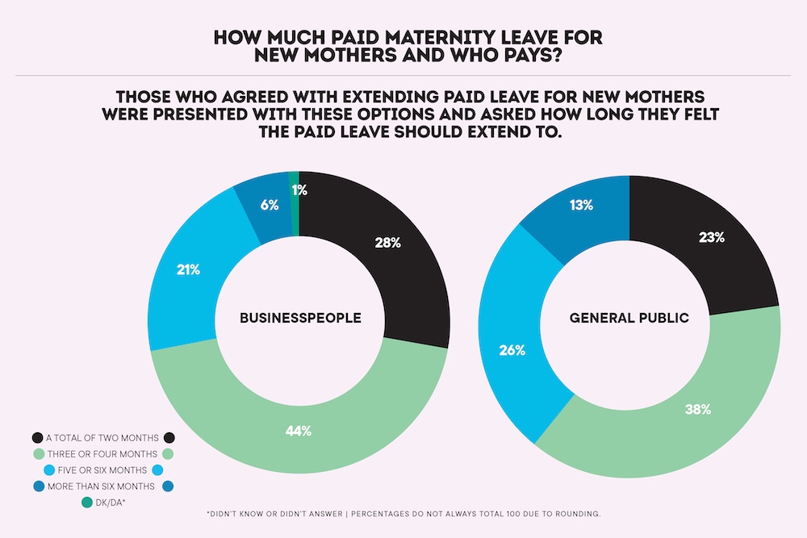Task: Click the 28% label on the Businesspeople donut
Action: click(x=387, y=242)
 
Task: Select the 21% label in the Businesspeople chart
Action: click(x=189, y=269)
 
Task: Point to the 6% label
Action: click(x=270, y=205)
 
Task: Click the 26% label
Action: click(x=512, y=350)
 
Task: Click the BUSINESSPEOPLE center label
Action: click(x=300, y=318)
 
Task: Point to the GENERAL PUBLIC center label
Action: click(x=629, y=318)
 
